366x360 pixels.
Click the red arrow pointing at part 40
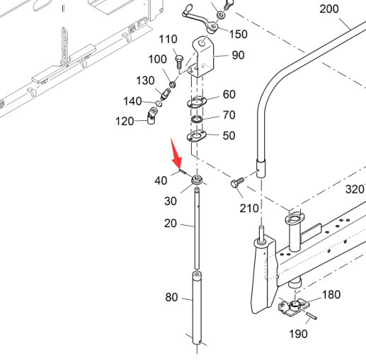pyautogui.click(x=176, y=153)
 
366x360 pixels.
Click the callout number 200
pyautogui.click(x=329, y=9)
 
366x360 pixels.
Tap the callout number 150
pyautogui.click(x=239, y=34)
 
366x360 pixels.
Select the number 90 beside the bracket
pyautogui.click(x=238, y=55)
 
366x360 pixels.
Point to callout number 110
pyautogui.click(x=168, y=39)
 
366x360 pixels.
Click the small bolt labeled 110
pyautogui.click(x=179, y=62)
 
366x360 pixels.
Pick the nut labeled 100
pyautogui.click(x=173, y=84)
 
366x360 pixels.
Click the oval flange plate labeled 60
pyautogui.click(x=197, y=102)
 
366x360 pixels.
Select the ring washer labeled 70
pyautogui.click(x=197, y=120)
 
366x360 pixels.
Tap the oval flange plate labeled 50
pyautogui.click(x=196, y=136)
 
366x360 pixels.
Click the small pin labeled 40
pyautogui.click(x=182, y=171)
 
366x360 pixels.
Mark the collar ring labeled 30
pyautogui.click(x=197, y=180)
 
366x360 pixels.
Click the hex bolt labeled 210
pyautogui.click(x=237, y=182)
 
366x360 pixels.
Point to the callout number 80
pyautogui.click(x=171, y=297)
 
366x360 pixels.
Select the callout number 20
pyautogui.click(x=171, y=223)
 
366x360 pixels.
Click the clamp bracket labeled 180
pyautogui.click(x=294, y=307)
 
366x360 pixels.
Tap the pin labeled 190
pyautogui.click(x=311, y=315)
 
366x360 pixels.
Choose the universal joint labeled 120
pyautogui.click(x=151, y=115)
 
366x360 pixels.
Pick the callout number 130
pyautogui.click(x=145, y=81)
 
